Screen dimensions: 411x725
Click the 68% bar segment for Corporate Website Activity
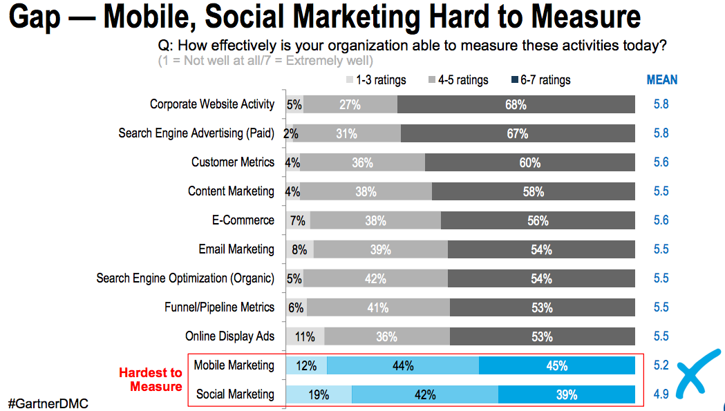pos(516,105)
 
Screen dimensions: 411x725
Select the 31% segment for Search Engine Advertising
pos(346,134)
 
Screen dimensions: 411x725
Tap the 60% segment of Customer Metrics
pos(529,163)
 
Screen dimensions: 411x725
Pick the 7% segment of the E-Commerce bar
pos(298,221)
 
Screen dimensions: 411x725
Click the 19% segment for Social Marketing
pos(319,395)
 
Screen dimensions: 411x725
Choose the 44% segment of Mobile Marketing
pos(402,366)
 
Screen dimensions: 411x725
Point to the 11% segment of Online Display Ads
pos(305,337)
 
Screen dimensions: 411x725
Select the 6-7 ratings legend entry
pos(540,80)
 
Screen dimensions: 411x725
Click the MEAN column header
pos(661,80)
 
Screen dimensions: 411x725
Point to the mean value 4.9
pos(661,395)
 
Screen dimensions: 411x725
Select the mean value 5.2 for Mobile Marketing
pos(661,366)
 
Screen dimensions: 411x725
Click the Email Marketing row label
pos(236,249)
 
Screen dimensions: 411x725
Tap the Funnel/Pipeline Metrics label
pos(219,307)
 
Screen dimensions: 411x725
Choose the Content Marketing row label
pos(231,191)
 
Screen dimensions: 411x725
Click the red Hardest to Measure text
pos(150,379)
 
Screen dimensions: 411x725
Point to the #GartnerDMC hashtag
pos(48,403)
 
